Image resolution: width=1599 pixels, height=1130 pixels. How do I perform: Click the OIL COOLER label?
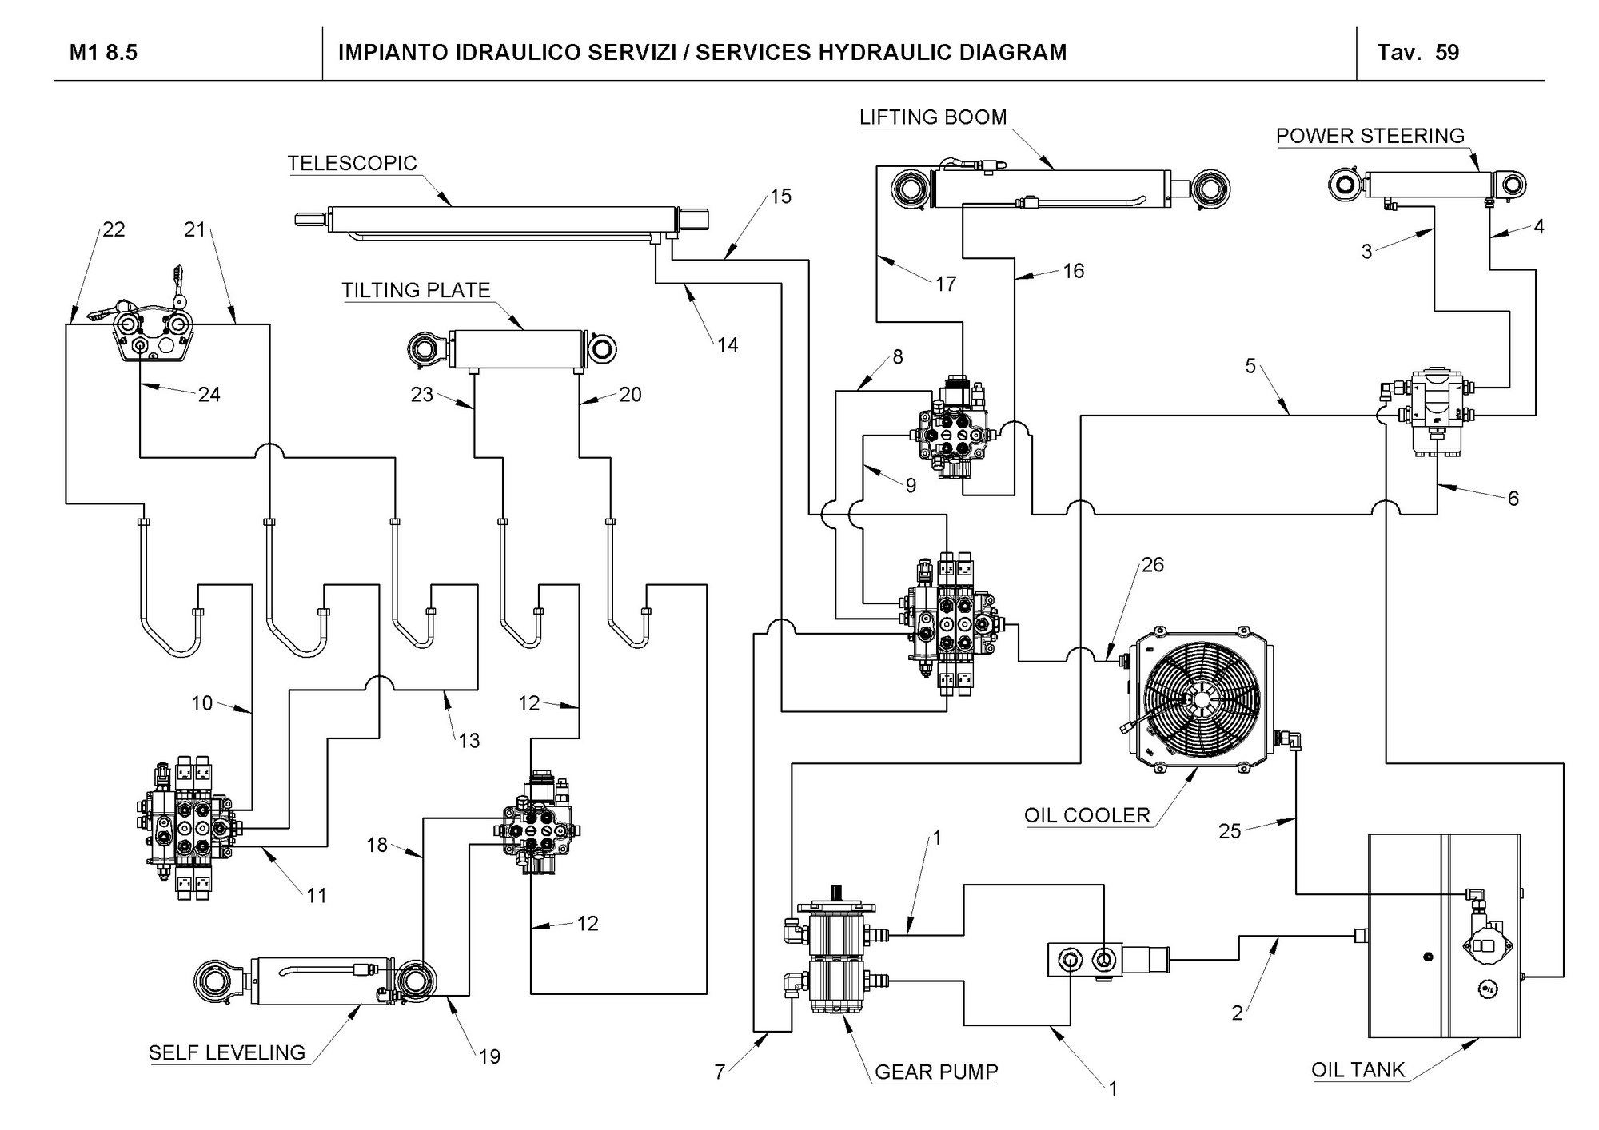tap(1087, 815)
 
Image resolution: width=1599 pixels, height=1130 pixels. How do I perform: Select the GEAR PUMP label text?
tap(936, 1072)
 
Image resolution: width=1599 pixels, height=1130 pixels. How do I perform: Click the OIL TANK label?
tap(1358, 1069)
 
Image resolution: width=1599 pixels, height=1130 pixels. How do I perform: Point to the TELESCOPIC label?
tap(353, 164)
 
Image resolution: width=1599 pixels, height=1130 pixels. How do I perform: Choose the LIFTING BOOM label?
tap(933, 117)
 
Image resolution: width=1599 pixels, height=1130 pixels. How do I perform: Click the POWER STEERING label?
tap(1370, 136)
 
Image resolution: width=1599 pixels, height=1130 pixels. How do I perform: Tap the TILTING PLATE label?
tap(416, 290)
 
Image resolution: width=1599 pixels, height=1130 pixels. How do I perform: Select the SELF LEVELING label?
tap(227, 1052)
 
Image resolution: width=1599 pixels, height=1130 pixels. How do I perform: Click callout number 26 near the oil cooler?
tap(1152, 565)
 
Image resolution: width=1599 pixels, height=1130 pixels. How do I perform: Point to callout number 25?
tap(1230, 831)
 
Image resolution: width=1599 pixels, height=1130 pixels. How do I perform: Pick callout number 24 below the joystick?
tap(209, 394)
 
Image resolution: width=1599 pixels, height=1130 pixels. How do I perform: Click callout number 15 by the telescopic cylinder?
tap(780, 197)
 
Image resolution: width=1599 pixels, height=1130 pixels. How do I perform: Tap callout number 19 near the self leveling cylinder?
tap(489, 1056)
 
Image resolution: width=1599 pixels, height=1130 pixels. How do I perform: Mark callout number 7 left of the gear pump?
tap(720, 1072)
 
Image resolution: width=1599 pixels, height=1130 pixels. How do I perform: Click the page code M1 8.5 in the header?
tap(103, 53)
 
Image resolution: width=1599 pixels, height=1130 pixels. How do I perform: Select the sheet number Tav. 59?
tap(1418, 53)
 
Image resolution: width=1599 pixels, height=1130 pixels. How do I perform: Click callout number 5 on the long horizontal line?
tap(1250, 367)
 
